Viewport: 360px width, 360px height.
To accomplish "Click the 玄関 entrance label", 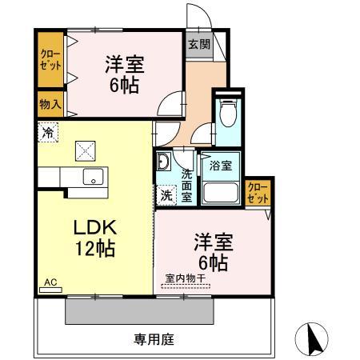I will (199, 46).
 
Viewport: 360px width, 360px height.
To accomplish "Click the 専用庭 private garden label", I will (153, 338).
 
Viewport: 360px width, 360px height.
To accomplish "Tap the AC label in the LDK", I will (50, 282).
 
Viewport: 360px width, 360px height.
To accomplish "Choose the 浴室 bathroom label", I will (220, 166).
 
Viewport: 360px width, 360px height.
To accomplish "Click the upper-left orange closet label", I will (49, 60).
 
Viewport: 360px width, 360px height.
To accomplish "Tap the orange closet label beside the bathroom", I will (257, 192).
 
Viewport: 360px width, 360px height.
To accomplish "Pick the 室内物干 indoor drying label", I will (186, 278).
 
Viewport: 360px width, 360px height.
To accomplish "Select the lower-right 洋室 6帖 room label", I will (212, 252).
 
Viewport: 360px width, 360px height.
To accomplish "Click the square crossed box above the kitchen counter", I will (85, 150).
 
